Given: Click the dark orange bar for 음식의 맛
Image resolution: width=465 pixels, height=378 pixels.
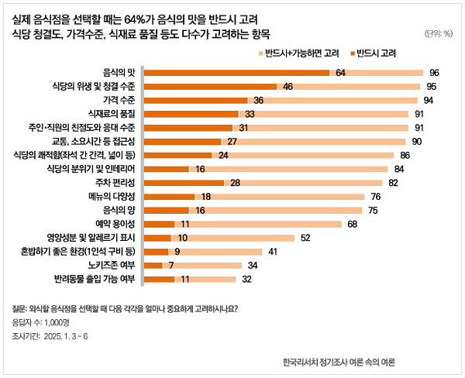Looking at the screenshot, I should pos(237,72).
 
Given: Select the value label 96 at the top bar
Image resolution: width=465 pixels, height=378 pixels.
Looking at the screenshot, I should pos(434,72).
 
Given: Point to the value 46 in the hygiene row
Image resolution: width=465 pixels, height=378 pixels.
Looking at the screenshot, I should pos(288,86).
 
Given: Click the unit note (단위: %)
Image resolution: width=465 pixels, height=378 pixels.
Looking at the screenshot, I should pos(439,33).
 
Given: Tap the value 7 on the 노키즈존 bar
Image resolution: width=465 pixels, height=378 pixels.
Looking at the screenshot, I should pos(170,266).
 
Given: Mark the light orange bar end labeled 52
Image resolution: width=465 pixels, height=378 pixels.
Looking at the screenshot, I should pos(305,238).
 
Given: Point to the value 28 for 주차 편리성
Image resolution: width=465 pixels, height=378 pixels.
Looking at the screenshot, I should pos(235,183).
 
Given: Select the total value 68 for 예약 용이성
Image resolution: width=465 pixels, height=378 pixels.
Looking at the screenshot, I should pos(352,224).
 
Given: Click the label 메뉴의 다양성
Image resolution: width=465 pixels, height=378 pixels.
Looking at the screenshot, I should pos(112,197).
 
